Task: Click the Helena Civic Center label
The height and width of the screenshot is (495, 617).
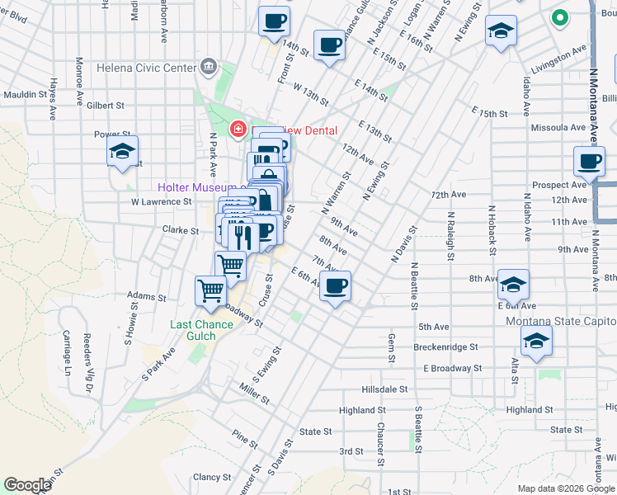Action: (x=145, y=68)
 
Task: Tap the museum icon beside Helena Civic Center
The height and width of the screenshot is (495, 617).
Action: (x=208, y=67)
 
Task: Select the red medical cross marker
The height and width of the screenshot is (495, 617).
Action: (x=238, y=129)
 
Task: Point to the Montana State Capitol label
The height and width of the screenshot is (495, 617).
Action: (x=561, y=321)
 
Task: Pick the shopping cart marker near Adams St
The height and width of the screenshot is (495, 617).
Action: (x=211, y=290)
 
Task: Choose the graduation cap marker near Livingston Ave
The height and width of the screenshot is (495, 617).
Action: (x=500, y=32)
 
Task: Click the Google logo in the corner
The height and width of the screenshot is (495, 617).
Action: (x=27, y=485)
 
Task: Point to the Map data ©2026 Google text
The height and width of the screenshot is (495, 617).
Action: (x=566, y=488)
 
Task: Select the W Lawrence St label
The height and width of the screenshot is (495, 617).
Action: (x=161, y=201)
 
